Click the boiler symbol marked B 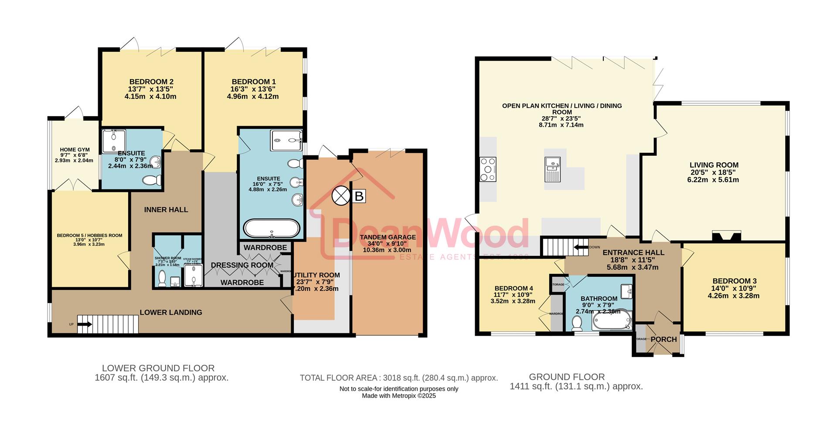point(359,196)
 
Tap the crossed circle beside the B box point(341,195)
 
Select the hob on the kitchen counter point(488,169)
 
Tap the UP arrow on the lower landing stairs point(86,324)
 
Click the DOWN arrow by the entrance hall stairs point(581,248)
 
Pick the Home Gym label point(75,150)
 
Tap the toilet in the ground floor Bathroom point(577,323)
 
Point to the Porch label point(663,340)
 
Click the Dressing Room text point(242,265)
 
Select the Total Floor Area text point(398,378)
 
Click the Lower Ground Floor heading point(158,368)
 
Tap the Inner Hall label point(166,210)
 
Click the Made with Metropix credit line point(398,396)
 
